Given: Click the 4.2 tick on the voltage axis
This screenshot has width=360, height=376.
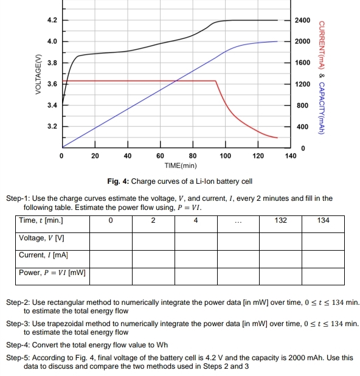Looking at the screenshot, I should [52, 20].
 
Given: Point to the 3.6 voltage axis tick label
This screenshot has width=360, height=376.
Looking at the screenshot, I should [52, 84].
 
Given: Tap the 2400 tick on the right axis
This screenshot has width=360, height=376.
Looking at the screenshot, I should [303, 20].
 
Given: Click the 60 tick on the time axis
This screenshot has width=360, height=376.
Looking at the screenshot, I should [161, 156].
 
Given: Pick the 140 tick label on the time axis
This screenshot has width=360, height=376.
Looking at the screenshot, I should [291, 156].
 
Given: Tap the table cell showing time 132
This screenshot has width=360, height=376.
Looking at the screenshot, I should [280, 220].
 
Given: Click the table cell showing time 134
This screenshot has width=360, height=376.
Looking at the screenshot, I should [323, 220].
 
